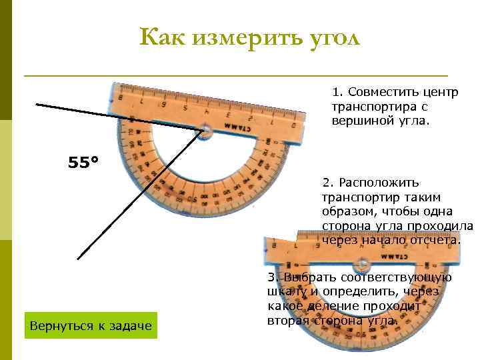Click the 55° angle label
tap(83, 162)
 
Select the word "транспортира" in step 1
tap(367, 106)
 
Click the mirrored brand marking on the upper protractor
tap(237, 127)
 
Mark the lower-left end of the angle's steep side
tap(78, 259)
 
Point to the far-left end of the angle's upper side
tap(37, 105)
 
